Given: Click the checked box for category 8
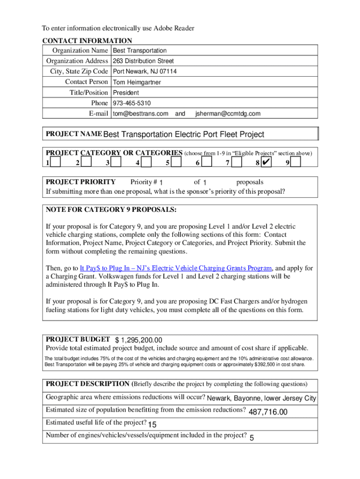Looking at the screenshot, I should coord(266,162).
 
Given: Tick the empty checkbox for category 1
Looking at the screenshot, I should coord(56,162).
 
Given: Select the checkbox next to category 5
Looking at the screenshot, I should coord(176,162).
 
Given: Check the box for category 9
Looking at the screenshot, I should coord(295,162).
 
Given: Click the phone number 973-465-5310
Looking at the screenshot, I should coord(132,103).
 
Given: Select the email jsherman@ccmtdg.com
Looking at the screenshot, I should coord(228,114).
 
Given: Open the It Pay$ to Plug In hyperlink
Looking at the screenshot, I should coord(176,268).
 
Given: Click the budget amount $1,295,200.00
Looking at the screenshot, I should coord(139,340).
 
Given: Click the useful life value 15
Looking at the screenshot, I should coord(152,425).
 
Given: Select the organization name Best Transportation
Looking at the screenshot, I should coord(140,51).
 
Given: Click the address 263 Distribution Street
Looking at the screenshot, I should coord(143,61).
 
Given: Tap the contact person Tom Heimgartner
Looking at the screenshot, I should coord(137,82).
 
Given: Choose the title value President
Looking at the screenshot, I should coord(126,93).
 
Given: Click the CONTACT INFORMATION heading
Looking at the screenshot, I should coord(87,41).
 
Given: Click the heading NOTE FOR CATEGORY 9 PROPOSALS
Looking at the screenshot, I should coord(111,210).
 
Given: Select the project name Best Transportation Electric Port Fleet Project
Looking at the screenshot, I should coord(184,135).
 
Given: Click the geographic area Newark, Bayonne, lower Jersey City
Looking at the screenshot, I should coord(261,399).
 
